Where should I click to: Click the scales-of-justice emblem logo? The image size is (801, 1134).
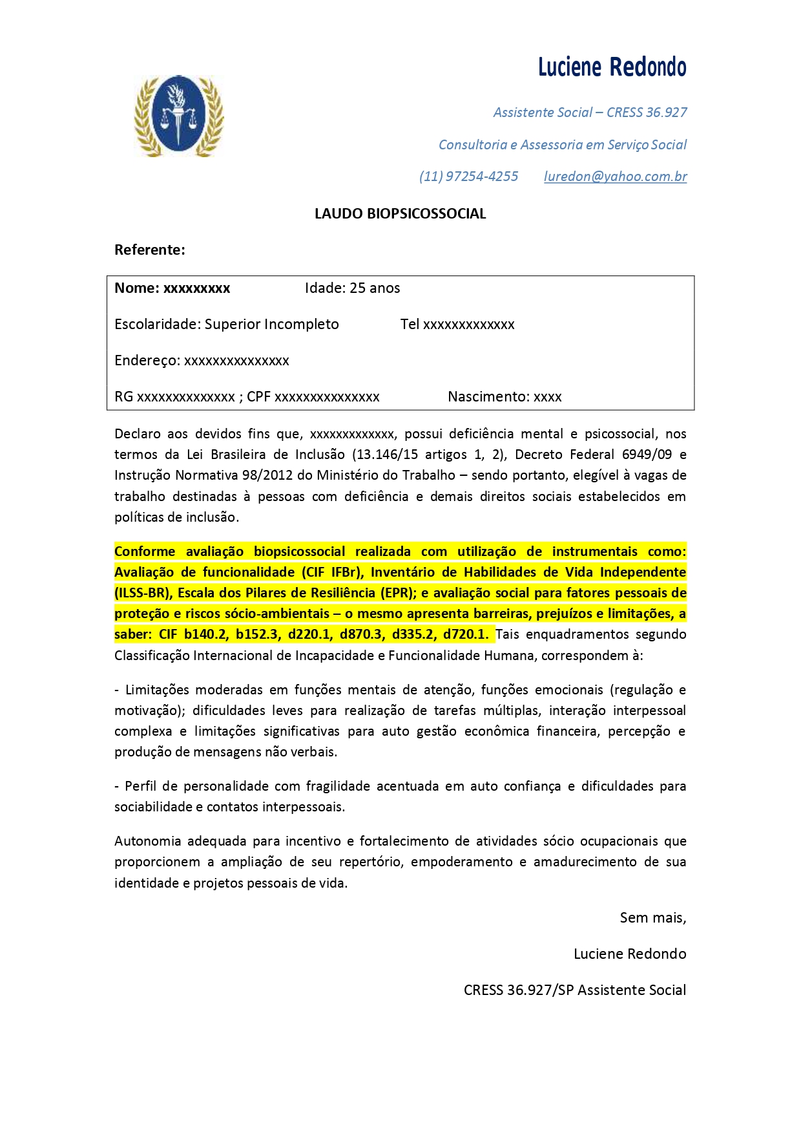[x=178, y=116]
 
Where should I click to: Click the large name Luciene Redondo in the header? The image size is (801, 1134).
[x=612, y=67]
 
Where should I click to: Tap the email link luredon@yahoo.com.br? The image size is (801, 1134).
[x=615, y=177]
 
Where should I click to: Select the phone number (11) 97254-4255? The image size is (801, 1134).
[x=468, y=177]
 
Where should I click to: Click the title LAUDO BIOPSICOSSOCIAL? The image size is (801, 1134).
[x=400, y=214]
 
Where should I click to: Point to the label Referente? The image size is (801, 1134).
[x=150, y=250]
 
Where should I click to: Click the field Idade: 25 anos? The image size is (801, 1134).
[x=352, y=288]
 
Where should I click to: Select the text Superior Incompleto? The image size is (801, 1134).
[x=271, y=325]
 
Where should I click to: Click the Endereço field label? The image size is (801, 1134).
[x=147, y=361]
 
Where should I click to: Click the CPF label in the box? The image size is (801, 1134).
[x=258, y=397]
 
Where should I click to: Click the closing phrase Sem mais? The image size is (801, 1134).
[x=652, y=918]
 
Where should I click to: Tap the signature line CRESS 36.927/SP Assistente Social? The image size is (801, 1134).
[x=574, y=990]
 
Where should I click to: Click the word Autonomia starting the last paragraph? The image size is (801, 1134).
[x=147, y=842]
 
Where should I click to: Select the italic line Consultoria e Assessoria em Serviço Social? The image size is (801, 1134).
[x=562, y=145]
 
